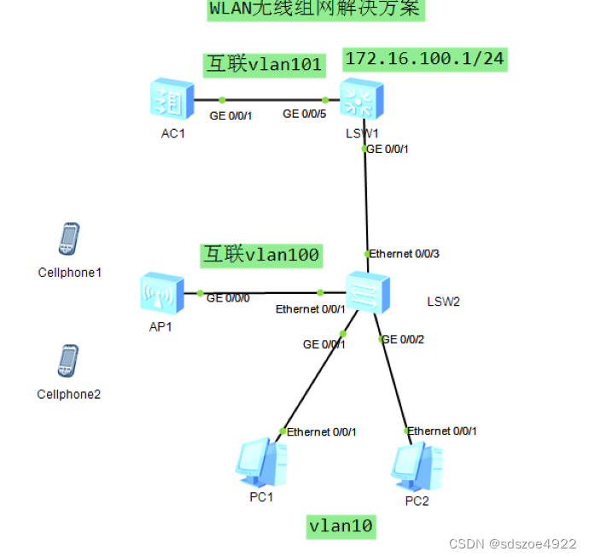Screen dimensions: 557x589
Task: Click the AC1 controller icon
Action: pos(171,100)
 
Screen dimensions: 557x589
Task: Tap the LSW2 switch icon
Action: pos(367,294)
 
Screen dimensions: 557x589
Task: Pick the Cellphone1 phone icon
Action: pos(68,239)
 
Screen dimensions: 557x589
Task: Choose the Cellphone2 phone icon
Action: pos(68,361)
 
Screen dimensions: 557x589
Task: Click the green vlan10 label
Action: pos(341,526)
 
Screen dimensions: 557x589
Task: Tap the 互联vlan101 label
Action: pos(264,64)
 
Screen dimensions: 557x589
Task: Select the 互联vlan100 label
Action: pos(261,254)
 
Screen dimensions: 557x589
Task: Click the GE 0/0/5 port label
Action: pos(305,114)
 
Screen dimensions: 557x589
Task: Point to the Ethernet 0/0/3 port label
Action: pos(404,254)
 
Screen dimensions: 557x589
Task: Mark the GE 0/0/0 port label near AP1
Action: pos(228,298)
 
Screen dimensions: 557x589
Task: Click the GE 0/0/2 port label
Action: pos(403,339)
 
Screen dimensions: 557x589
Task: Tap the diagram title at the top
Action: pos(315,9)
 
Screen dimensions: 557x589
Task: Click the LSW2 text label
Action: pos(444,301)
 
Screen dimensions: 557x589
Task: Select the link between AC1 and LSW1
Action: pos(273,99)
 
